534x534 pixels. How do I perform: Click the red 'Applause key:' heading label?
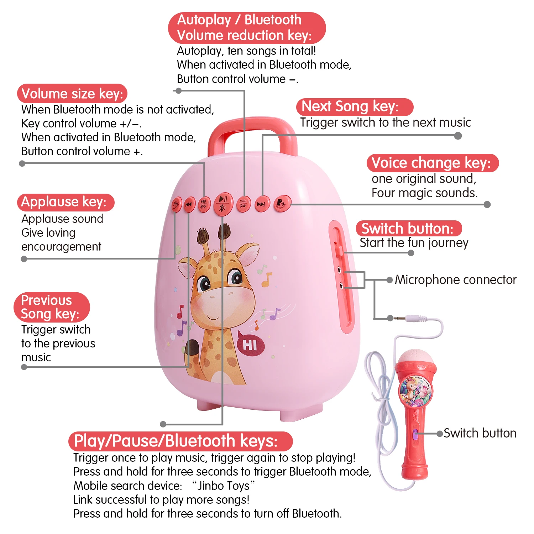click(x=65, y=202)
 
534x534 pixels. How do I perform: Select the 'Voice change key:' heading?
click(x=432, y=163)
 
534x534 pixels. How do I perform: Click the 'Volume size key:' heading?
click(x=72, y=94)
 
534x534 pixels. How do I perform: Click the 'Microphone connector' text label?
click(x=455, y=280)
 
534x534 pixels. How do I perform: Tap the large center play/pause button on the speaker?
click(x=223, y=204)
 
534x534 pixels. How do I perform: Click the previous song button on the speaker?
click(x=189, y=204)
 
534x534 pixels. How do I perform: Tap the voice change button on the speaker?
click(x=281, y=203)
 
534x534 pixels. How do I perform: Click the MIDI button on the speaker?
click(x=243, y=204)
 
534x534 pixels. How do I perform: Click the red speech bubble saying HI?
click(x=251, y=345)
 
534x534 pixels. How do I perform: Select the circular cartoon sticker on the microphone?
click(x=415, y=391)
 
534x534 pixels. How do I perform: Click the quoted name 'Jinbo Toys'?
click(x=223, y=486)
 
